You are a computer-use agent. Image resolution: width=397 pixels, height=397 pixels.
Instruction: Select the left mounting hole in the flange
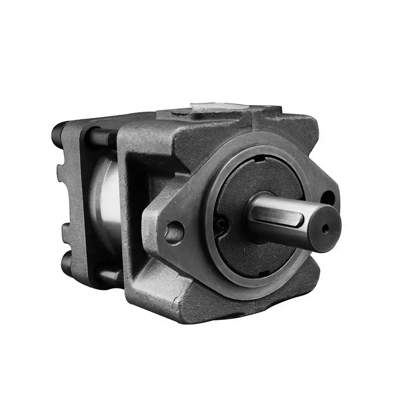click(x=174, y=232)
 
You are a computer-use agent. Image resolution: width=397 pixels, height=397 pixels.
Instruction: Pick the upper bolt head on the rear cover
click(x=58, y=132)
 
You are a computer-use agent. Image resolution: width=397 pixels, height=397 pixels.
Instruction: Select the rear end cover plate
click(x=74, y=198)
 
